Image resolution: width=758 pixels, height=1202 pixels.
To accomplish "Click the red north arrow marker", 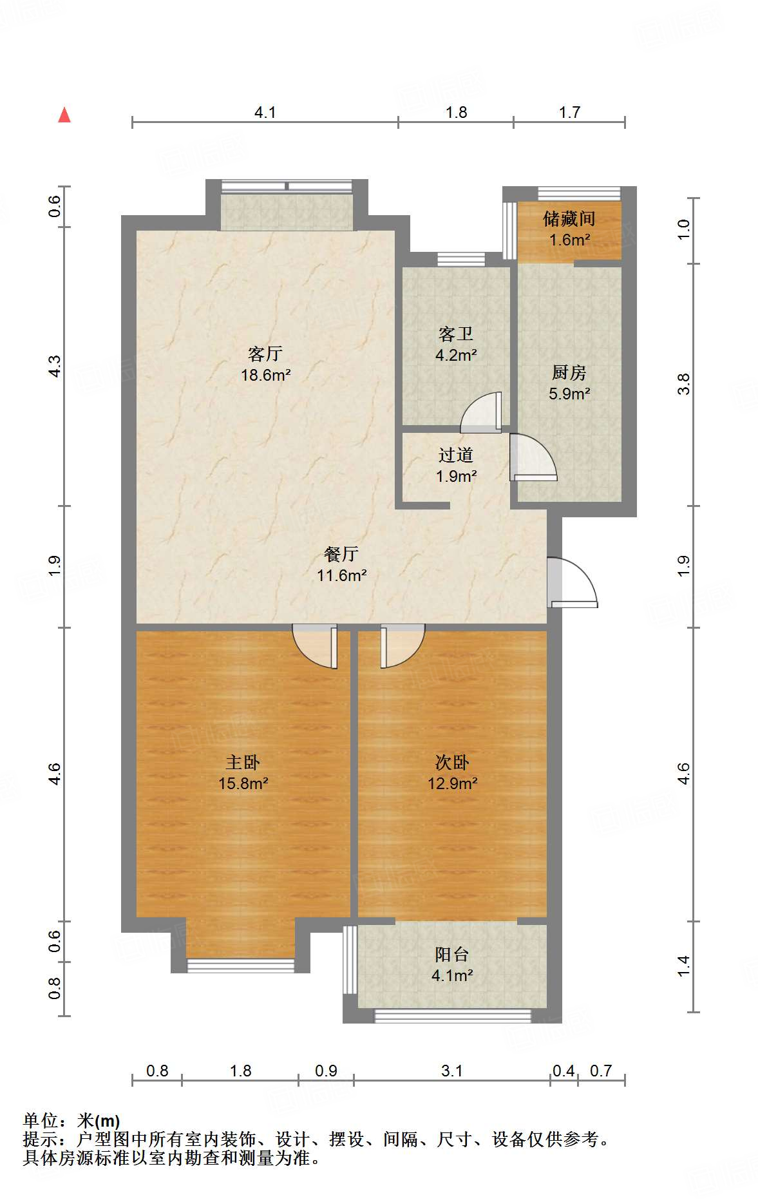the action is point(64,115).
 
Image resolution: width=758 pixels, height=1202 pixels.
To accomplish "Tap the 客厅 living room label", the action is point(265,354).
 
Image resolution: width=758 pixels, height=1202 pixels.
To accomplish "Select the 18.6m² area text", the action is point(265,375).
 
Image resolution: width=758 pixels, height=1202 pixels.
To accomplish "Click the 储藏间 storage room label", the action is point(569,219).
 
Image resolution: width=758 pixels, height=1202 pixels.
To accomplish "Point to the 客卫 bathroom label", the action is point(456,334).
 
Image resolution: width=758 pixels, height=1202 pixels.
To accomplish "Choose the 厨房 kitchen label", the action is point(569,372).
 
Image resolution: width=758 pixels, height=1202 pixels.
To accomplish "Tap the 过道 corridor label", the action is point(456,455).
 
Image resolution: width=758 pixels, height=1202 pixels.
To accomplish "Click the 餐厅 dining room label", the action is point(341,554).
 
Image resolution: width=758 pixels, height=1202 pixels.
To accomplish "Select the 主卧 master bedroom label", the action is point(243,762).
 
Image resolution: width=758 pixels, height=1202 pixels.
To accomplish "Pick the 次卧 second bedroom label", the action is point(452,762).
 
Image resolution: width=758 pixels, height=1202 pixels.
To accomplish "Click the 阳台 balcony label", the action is point(452,954).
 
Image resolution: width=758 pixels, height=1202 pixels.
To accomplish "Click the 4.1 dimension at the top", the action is point(265,113).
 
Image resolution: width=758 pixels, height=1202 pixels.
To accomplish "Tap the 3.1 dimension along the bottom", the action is point(452,1071).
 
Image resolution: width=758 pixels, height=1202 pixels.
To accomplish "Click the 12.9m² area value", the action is point(452,783).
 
